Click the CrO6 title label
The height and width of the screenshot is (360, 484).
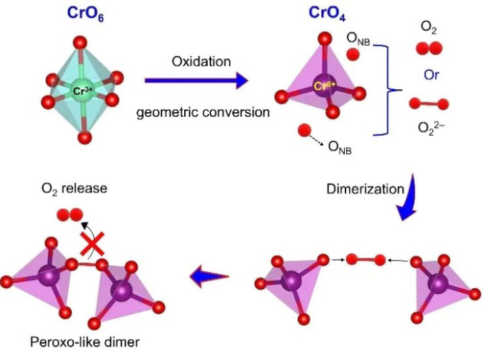[x=83, y=13]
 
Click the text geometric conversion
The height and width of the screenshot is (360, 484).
[x=203, y=112]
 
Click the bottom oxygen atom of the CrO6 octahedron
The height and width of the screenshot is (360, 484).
[x=84, y=138]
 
